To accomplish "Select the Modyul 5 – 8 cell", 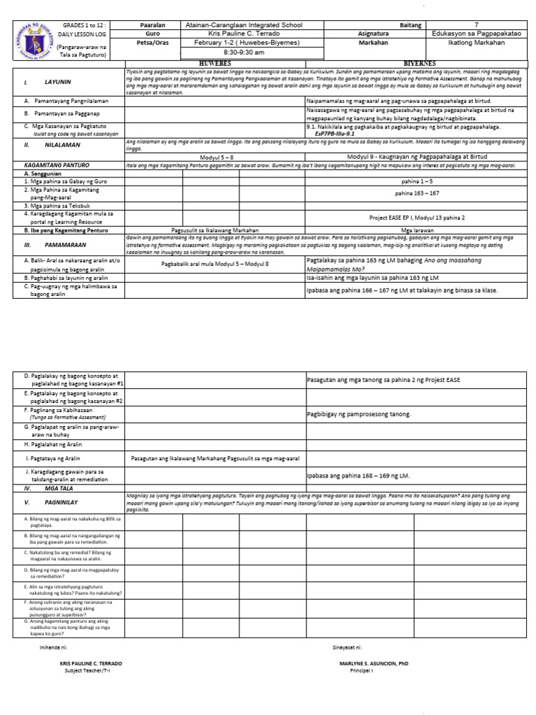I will click(x=215, y=157).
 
